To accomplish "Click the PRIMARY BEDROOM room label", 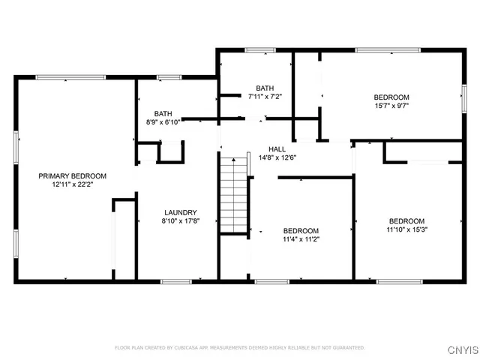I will [73, 175].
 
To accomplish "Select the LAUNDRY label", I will [181, 212].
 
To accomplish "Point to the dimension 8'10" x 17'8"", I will [181, 221].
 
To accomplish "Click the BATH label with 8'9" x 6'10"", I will [163, 113].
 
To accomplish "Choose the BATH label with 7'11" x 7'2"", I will [265, 88].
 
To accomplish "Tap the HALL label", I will [278, 148].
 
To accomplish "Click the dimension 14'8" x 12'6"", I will [278, 157].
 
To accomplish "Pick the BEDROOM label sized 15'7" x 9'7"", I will [391, 97].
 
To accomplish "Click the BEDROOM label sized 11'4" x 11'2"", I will [301, 230].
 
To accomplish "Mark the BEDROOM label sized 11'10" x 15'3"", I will [406, 220].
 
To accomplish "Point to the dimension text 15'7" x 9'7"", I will [391, 106].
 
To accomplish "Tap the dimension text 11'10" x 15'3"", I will [406, 229].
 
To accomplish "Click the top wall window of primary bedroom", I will [60, 76].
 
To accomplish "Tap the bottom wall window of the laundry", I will [176, 281].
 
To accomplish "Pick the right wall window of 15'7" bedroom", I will [463, 96].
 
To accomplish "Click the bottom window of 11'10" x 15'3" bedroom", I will [398, 281].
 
